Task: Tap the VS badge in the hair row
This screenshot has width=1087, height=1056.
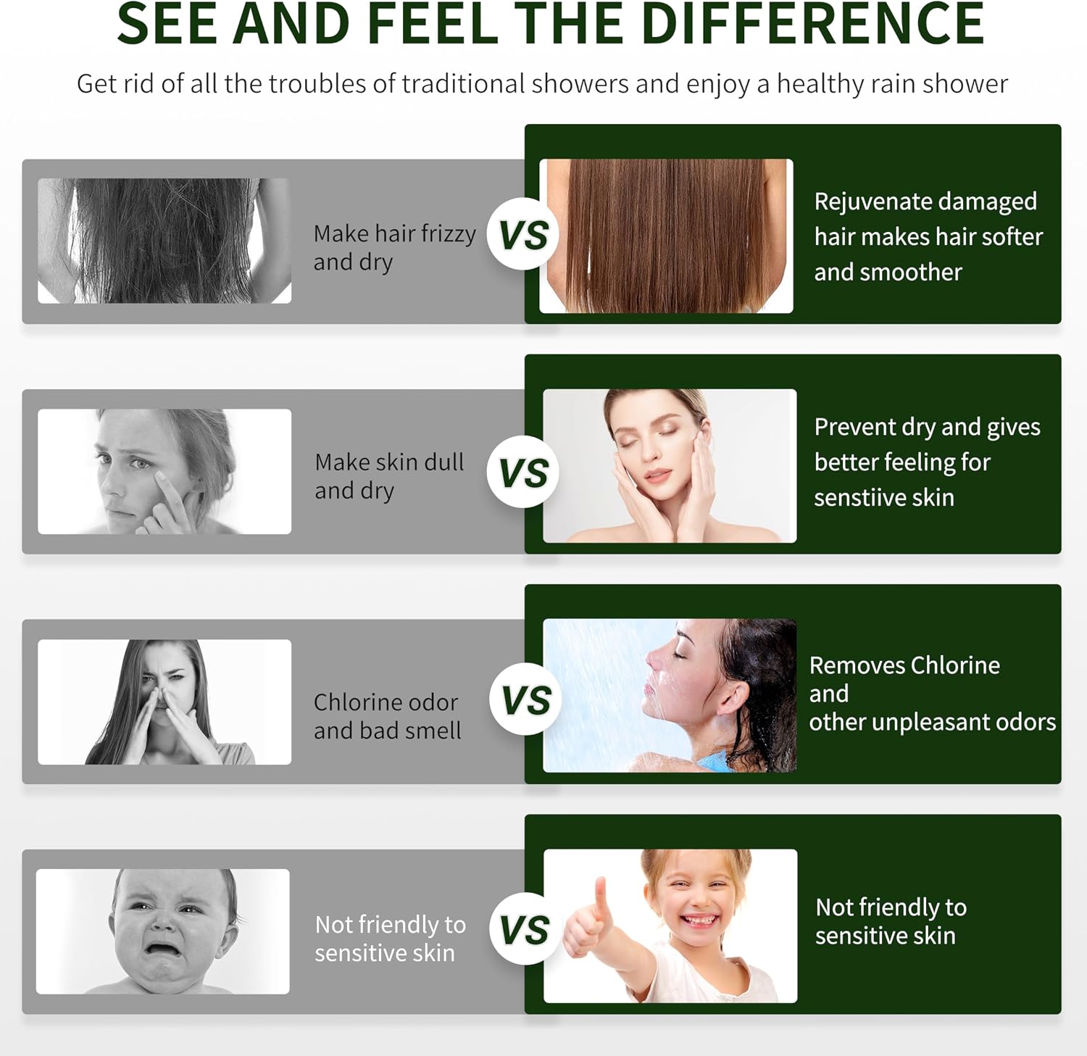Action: tap(522, 234)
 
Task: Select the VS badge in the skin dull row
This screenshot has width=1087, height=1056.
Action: tap(522, 472)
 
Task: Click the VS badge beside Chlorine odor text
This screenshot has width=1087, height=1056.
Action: tap(525, 699)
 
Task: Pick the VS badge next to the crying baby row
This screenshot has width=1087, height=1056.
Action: tap(525, 929)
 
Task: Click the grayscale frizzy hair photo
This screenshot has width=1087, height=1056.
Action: tap(164, 241)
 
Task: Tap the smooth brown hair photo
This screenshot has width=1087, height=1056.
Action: tap(666, 236)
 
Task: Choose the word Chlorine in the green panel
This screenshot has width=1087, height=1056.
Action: tap(955, 665)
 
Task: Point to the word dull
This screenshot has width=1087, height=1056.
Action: tap(443, 462)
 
